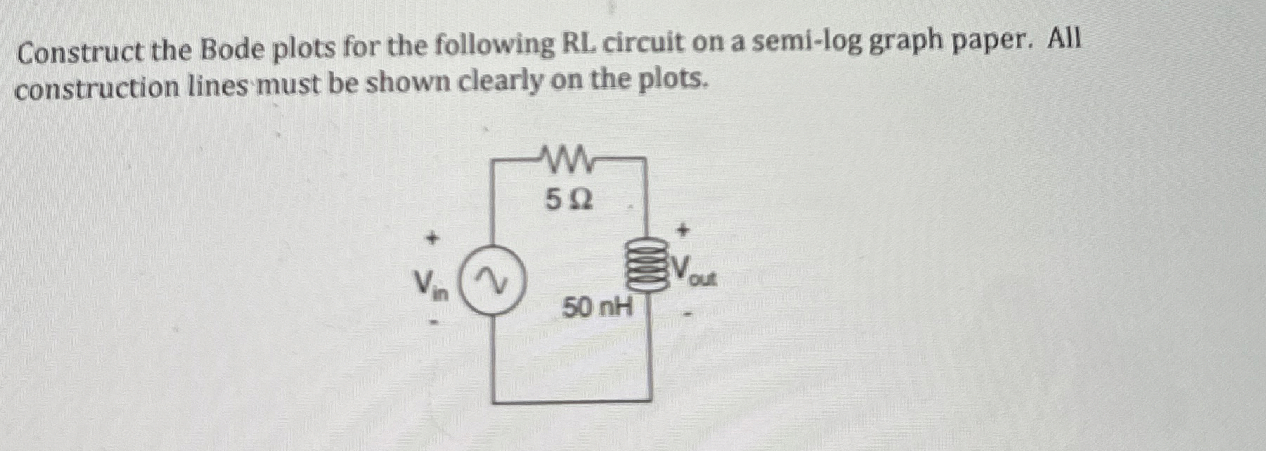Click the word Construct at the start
tap(77, 52)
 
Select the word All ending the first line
tap(1064, 41)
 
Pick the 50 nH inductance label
tap(597, 307)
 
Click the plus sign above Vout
tap(684, 228)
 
